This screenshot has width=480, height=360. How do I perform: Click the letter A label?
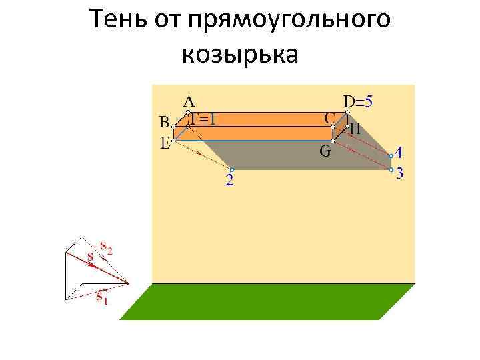(189, 101)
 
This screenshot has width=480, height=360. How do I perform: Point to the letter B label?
(164, 122)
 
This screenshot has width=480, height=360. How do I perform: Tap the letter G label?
(325, 151)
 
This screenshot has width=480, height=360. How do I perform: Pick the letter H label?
(355, 129)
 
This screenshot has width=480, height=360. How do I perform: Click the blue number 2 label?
(229, 181)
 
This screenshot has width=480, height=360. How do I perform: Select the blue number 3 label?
(399, 174)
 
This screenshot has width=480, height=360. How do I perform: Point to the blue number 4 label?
(399, 151)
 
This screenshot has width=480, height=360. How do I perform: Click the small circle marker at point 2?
(231, 169)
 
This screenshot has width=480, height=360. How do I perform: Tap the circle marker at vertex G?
(333, 140)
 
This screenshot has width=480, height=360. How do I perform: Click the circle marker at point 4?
(391, 156)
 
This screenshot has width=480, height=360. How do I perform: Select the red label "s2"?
(105, 248)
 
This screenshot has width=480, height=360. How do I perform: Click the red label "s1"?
(101, 296)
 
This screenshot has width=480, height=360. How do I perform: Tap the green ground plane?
(267, 301)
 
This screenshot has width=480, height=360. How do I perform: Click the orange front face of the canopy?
(253, 133)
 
